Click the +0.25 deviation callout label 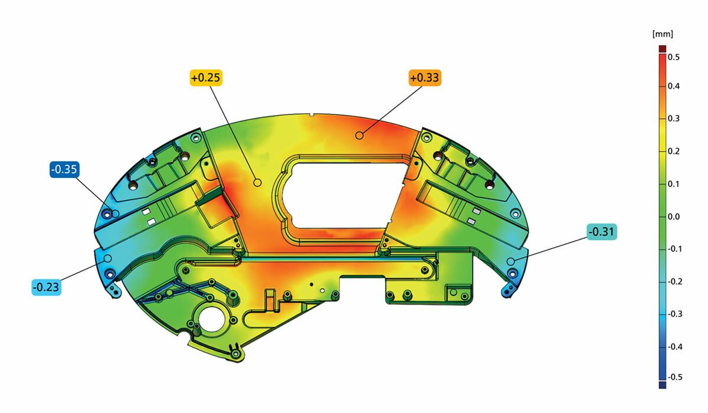pyautogui.click(x=206, y=78)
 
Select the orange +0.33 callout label pyautogui.click(x=424, y=78)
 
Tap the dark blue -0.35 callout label pyautogui.click(x=64, y=170)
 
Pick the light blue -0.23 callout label pyautogui.click(x=46, y=287)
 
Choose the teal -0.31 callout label pyautogui.click(x=602, y=232)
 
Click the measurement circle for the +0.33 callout pyautogui.click(x=359, y=135)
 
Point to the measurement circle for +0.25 pyautogui.click(x=257, y=182)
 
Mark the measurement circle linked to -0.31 pyautogui.click(x=510, y=261)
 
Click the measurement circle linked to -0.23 pyautogui.click(x=107, y=258)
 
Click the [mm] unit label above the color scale pyautogui.click(x=663, y=34)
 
